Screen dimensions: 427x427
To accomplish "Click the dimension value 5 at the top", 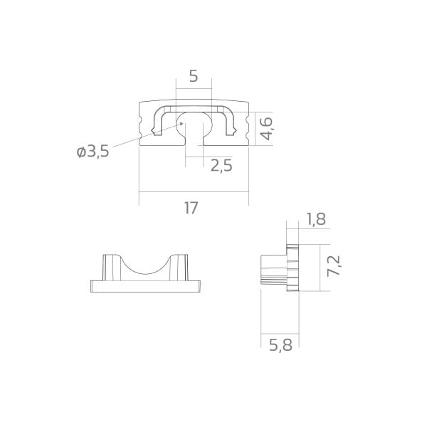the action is (x=194, y=76).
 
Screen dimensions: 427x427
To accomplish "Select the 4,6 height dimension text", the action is (x=265, y=129).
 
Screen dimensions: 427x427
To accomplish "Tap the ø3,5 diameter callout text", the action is (x=93, y=152).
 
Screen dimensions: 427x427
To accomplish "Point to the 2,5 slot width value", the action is (x=221, y=166).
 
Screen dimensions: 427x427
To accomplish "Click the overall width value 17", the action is (x=191, y=208).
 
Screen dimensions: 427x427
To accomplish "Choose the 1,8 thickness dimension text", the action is (x=316, y=219).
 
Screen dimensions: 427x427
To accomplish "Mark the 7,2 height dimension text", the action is (x=334, y=266).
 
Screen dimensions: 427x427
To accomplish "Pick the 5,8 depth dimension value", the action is (x=280, y=345).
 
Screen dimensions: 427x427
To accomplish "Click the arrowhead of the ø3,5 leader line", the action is (x=181, y=124).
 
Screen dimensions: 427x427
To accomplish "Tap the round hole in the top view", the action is (x=194, y=122).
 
